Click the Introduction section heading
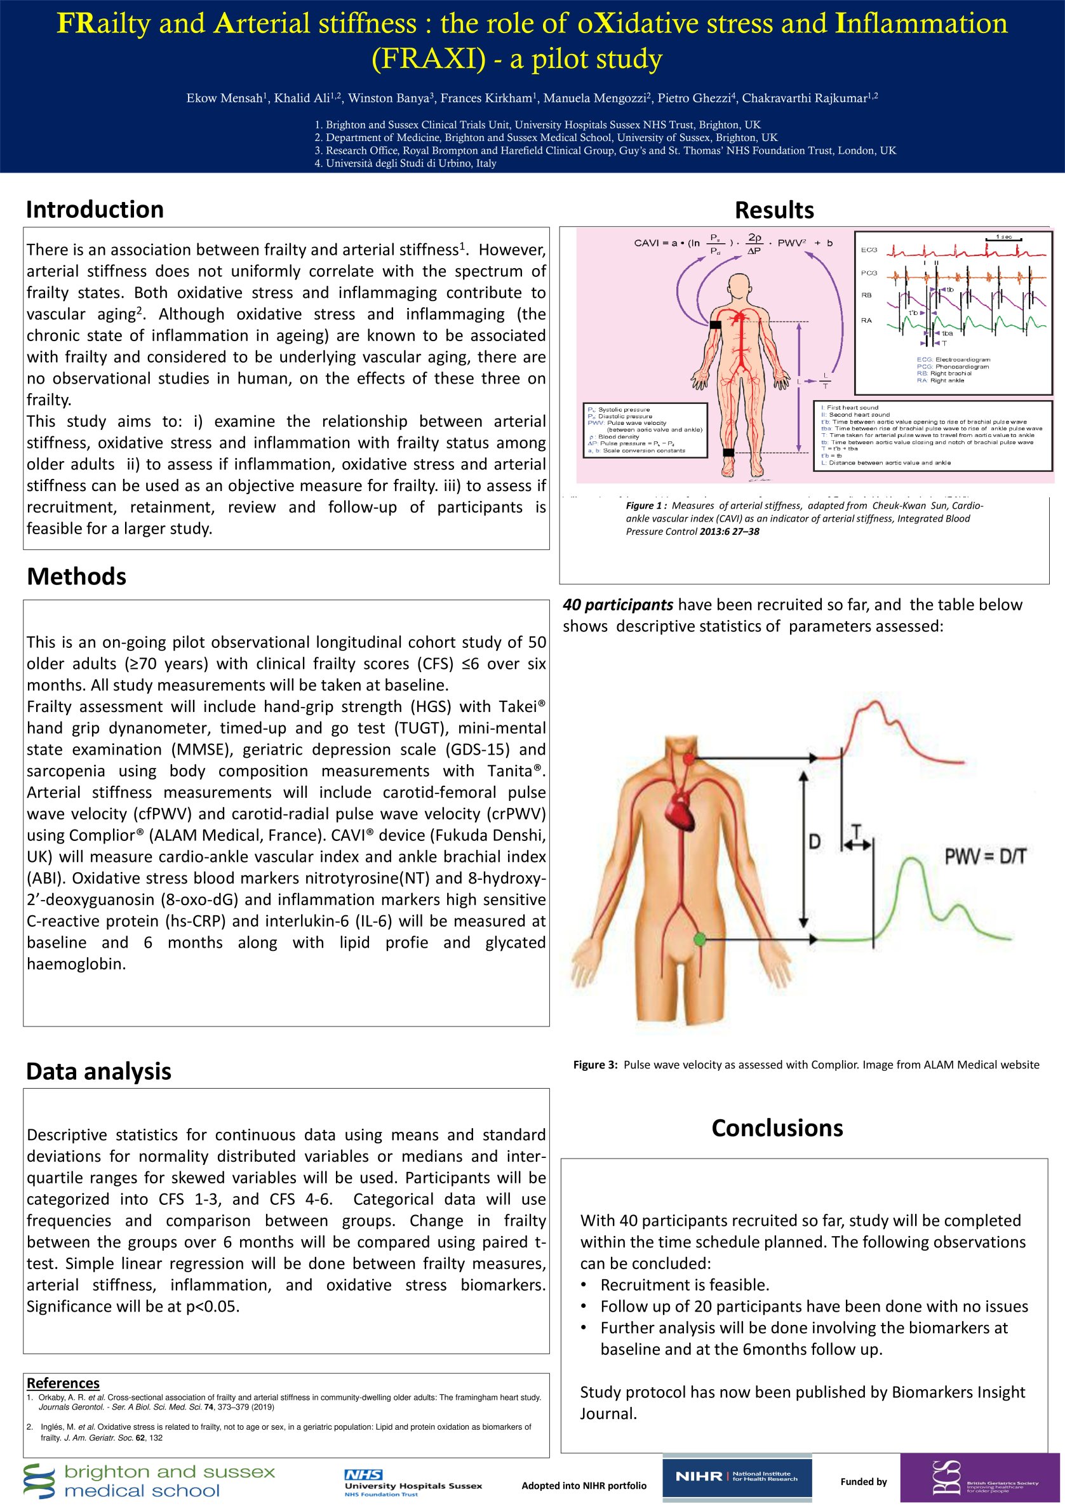tap(95, 210)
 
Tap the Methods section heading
tap(77, 577)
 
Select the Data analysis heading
tap(98, 1071)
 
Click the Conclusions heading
tap(777, 1128)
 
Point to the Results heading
tap(774, 210)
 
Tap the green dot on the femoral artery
tap(700, 940)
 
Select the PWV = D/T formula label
tap(984, 856)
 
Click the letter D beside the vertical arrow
tap(815, 842)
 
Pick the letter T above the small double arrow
tap(857, 831)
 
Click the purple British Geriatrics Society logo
tap(980, 1477)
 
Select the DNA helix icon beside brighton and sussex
tap(39, 1481)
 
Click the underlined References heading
tap(63, 1383)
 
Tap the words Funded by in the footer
tap(864, 1482)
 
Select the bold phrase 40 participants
tap(618, 605)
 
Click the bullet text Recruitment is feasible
tap(685, 1285)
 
